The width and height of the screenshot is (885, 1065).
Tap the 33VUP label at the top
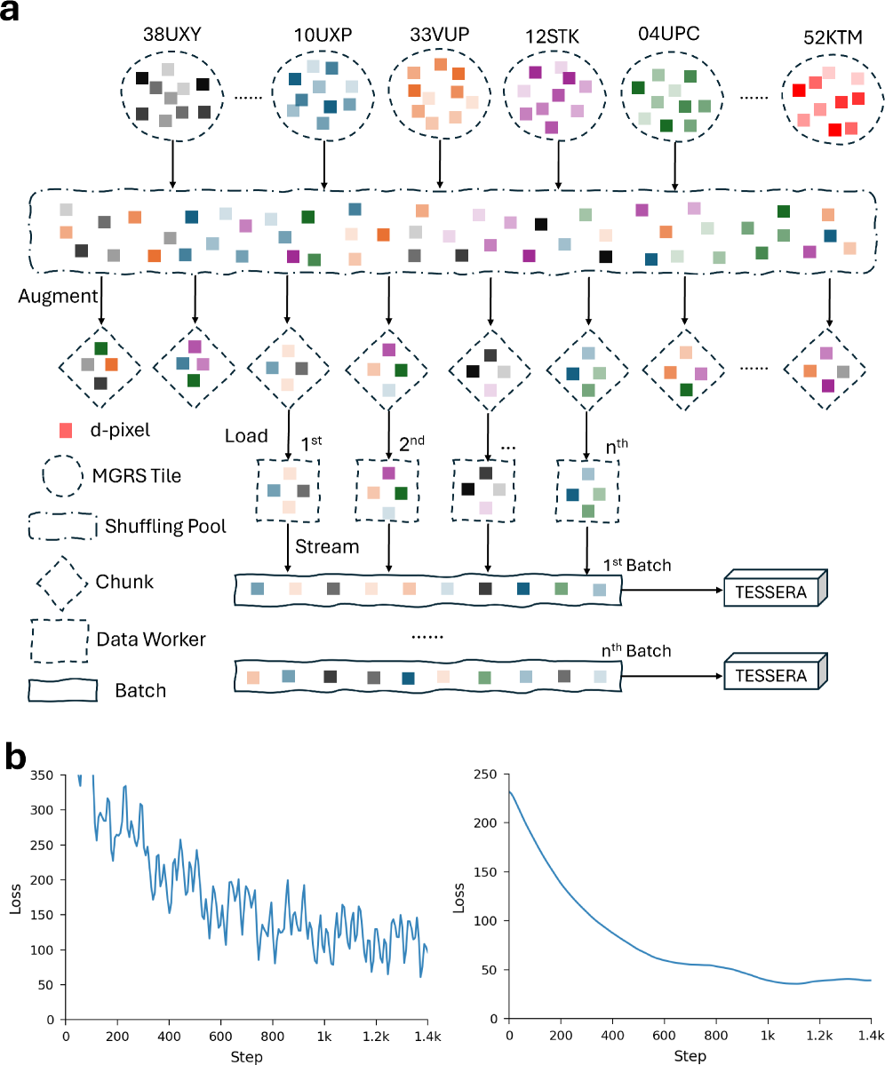440,35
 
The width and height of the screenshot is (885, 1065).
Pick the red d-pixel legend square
65,430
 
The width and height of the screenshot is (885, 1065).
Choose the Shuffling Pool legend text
165,526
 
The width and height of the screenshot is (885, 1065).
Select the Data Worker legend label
151,638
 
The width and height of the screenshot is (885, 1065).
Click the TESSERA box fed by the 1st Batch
771,590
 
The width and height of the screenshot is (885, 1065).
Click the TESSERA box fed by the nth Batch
771,676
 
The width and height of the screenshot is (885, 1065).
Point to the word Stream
329,546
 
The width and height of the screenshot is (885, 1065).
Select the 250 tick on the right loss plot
485,775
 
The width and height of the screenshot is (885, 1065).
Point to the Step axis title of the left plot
246,1055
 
